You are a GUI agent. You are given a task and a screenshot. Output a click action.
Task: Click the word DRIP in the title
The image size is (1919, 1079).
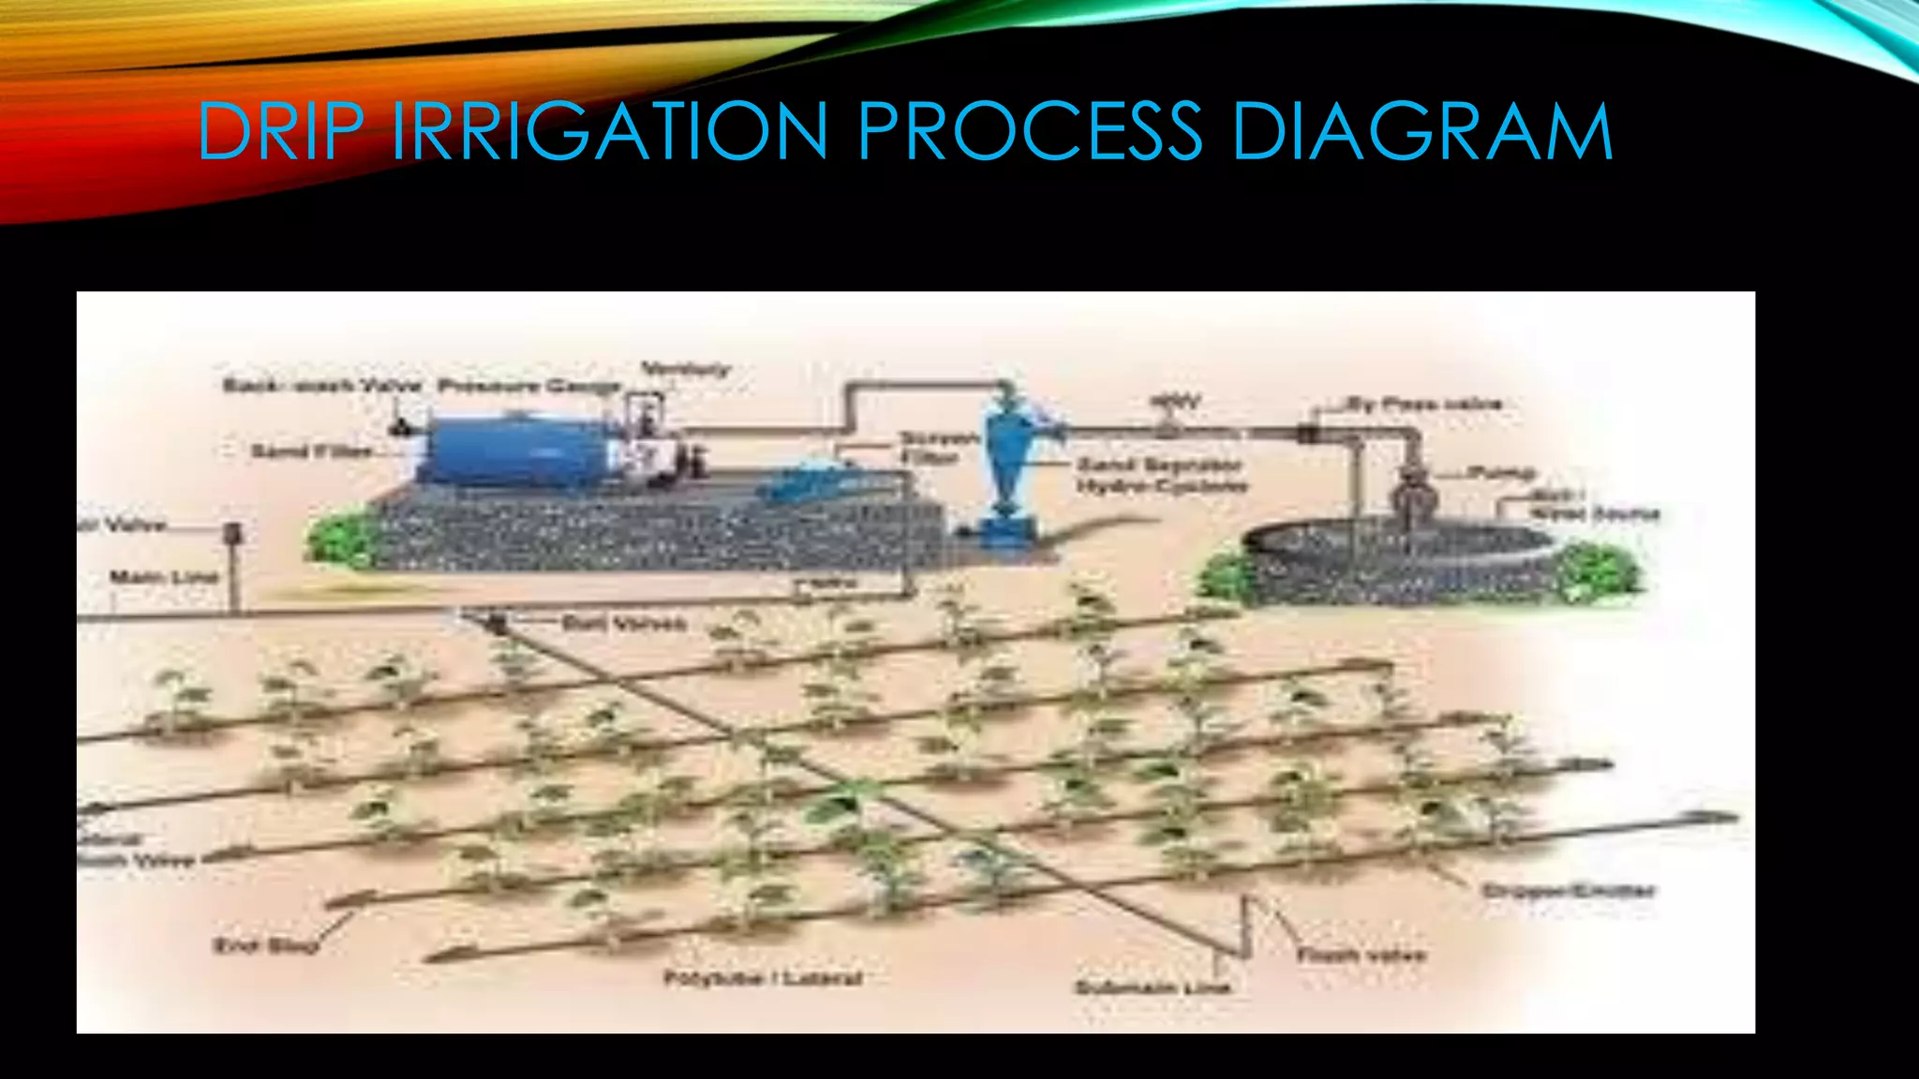tap(279, 130)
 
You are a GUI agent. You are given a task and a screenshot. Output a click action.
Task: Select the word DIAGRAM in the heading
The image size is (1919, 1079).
tap(1422, 130)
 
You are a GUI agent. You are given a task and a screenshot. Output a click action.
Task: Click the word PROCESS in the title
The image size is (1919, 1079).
tap(1029, 130)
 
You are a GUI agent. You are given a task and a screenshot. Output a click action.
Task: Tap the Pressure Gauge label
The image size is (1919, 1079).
tap(529, 386)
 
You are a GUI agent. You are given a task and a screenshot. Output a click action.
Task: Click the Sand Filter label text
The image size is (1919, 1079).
tap(311, 451)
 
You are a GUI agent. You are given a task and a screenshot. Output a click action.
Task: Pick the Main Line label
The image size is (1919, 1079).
tap(164, 577)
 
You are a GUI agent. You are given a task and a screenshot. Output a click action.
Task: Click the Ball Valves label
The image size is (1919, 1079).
tap(624, 623)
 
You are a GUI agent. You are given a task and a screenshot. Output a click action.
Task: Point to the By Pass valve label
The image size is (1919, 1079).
tap(1424, 405)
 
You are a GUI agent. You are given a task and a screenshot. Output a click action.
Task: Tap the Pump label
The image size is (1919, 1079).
tap(1500, 472)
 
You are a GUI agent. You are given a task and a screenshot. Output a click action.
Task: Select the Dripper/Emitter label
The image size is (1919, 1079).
tap(1569, 891)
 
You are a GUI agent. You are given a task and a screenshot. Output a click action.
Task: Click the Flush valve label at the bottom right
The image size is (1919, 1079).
tap(1361, 955)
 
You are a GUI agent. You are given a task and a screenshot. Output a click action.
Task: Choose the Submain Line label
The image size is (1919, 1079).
tap(1153, 987)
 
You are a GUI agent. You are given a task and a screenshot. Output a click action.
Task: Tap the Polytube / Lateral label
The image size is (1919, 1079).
tap(762, 979)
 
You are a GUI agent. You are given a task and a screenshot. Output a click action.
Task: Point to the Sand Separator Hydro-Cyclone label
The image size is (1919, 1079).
tap(1161, 475)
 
